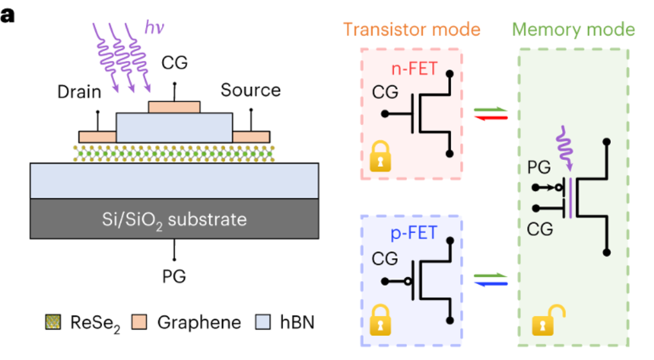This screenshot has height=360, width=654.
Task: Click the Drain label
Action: coord(79,91)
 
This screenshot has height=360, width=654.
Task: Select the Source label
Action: coord(251,90)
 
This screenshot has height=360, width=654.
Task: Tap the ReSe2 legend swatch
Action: coord(53,323)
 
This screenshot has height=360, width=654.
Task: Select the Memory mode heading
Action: coord(575,29)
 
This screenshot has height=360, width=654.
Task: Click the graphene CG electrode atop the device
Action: coord(174,107)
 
